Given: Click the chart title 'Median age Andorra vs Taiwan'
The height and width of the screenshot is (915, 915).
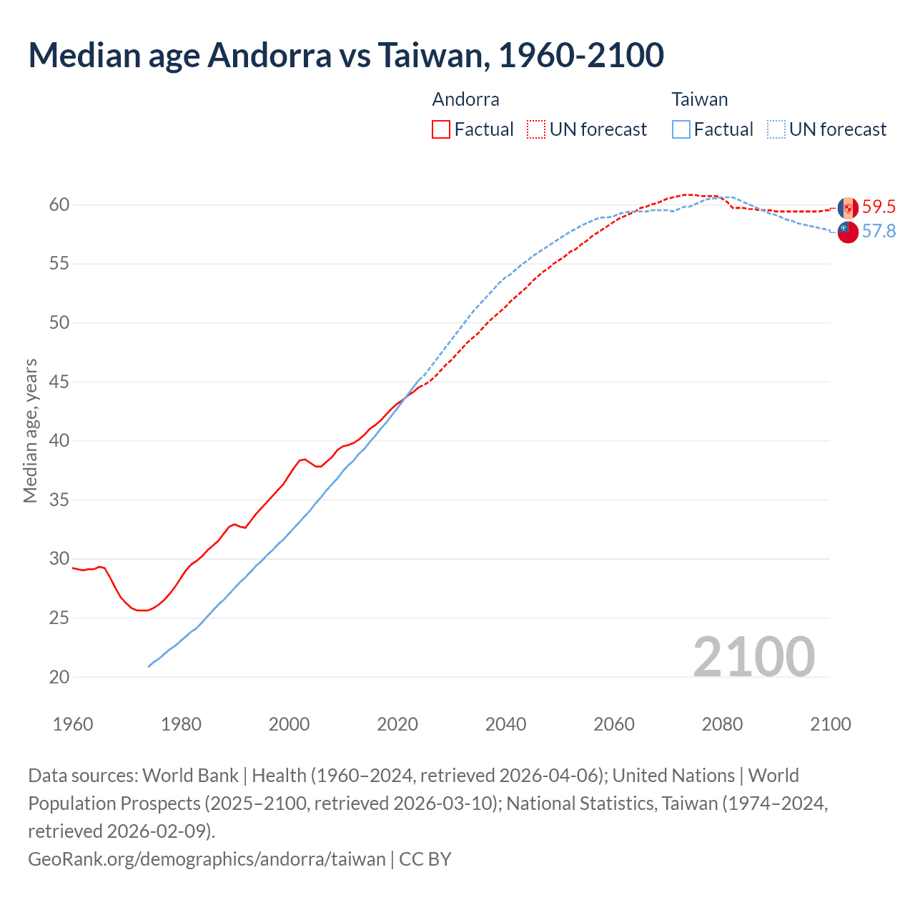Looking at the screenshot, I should click(x=346, y=56).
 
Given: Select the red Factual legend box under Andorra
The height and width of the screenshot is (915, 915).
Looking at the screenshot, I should click(x=441, y=129).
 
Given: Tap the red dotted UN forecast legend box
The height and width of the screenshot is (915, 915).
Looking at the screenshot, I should click(x=536, y=129).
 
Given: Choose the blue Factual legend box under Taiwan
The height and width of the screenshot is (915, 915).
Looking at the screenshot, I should click(x=681, y=129).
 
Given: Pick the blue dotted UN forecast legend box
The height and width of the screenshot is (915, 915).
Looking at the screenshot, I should click(x=776, y=129).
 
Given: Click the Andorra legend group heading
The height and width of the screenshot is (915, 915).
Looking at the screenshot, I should click(x=465, y=99).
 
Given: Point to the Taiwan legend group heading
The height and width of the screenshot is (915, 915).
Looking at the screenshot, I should click(x=699, y=99).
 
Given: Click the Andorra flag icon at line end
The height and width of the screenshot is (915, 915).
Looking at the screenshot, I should click(x=848, y=208).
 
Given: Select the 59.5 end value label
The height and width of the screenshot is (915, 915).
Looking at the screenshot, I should click(x=879, y=207).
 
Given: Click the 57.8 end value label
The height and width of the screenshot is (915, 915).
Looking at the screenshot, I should click(x=879, y=232).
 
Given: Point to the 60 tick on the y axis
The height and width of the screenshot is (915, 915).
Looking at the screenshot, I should click(x=59, y=205).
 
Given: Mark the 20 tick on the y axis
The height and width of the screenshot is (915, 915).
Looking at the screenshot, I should click(x=59, y=677).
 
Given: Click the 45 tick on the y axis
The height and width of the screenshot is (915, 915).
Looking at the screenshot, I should click(x=59, y=382).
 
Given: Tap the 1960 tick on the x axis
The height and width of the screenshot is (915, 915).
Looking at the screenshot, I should click(x=73, y=724).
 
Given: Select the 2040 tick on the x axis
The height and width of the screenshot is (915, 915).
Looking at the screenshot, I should click(x=505, y=724).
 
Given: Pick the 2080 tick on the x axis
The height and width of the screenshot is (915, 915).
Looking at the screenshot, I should click(x=722, y=724).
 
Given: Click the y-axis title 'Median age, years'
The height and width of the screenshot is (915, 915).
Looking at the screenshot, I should click(x=31, y=431).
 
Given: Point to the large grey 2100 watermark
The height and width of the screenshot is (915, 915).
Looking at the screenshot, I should click(x=753, y=656).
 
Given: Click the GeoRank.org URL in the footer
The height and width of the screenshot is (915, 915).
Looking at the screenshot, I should click(x=207, y=859).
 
